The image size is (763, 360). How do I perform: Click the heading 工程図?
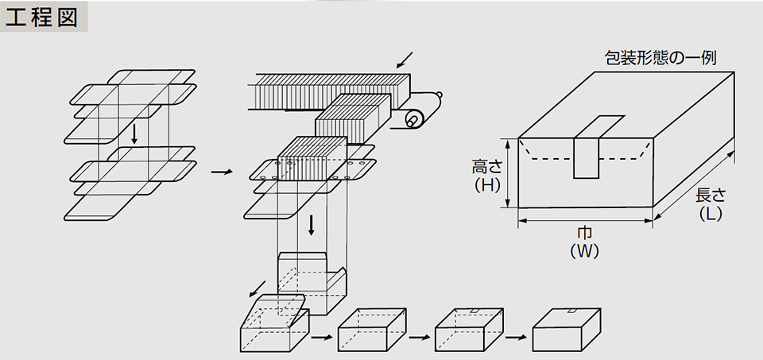coord(44,17)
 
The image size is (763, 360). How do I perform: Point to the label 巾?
coord(585,233)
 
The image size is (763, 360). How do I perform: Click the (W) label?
coord(585,251)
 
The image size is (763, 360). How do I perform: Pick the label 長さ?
coord(710,195)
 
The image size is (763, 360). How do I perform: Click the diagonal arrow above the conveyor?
coord(405,59)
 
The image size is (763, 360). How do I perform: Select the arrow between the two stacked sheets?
coord(134,132)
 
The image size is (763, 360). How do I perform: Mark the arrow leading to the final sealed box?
coord(516,336)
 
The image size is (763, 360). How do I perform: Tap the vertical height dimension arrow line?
coord(505,175)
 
